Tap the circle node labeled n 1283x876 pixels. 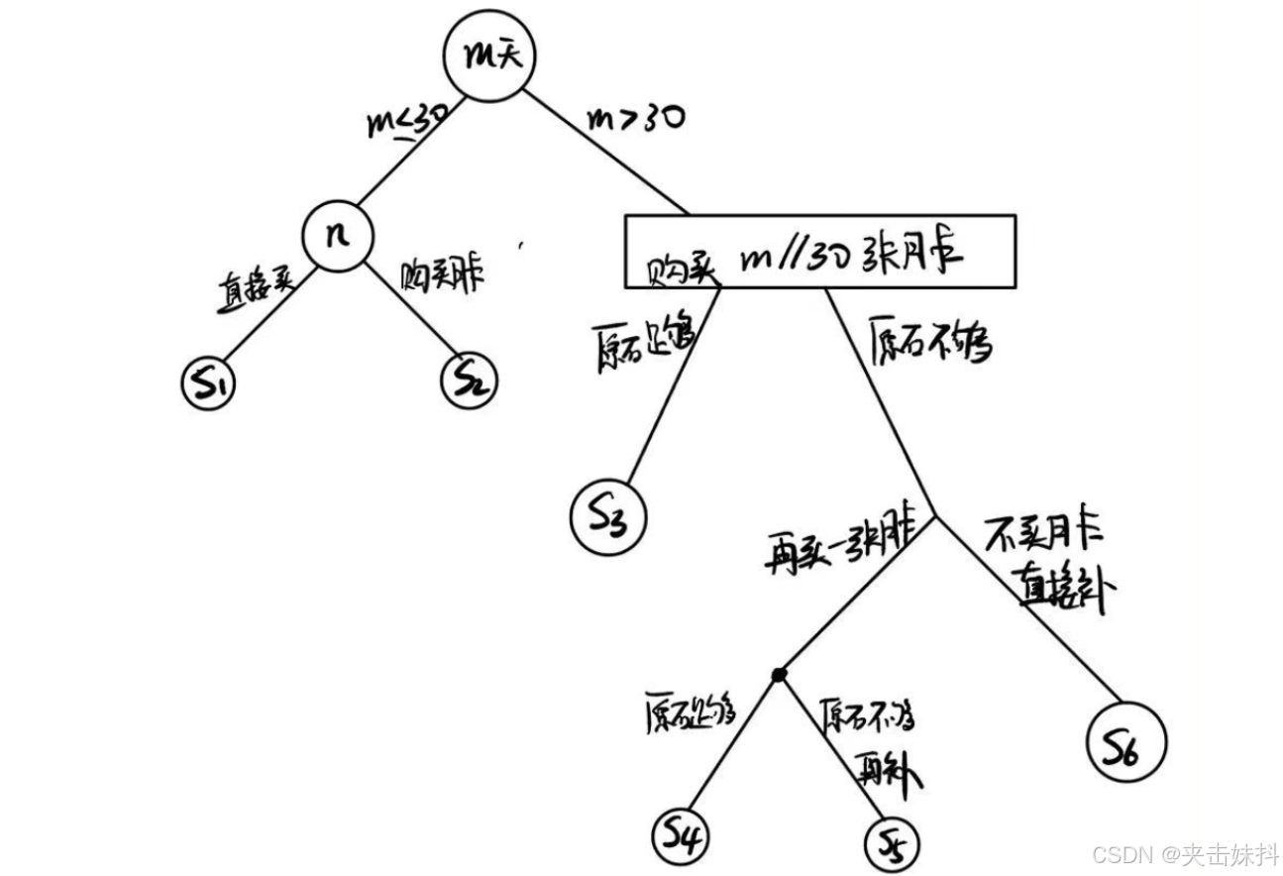(x=338, y=236)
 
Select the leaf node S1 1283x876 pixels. (x=210, y=382)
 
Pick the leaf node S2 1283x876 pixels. (x=467, y=380)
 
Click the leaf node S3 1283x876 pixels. (x=607, y=513)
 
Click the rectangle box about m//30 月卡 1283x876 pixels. (x=818, y=252)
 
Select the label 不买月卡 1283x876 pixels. (x=1046, y=536)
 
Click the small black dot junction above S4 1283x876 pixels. (x=779, y=674)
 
